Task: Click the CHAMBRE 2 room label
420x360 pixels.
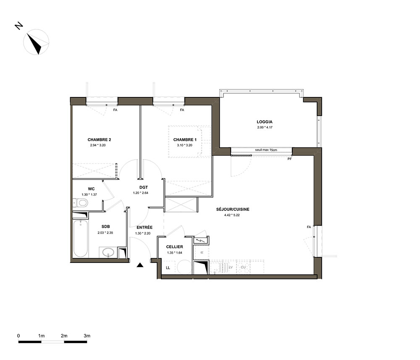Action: pyautogui.click(x=99, y=139)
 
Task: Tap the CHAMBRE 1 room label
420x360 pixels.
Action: pyautogui.click(x=185, y=139)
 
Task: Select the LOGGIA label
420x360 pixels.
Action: pyautogui.click(x=265, y=122)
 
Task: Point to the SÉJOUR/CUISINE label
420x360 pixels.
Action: pyautogui.click(x=233, y=209)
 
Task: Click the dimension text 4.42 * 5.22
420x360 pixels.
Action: pyautogui.click(x=232, y=215)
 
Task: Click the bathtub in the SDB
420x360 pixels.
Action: pyautogui.click(x=80, y=239)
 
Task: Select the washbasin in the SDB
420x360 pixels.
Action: pyautogui.click(x=108, y=252)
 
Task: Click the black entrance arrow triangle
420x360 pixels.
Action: pyautogui.click(x=140, y=265)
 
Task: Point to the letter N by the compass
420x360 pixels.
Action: pyautogui.click(x=19, y=26)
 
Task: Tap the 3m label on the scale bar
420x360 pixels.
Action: pyautogui.click(x=87, y=336)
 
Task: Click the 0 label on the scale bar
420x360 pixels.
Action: pyautogui.click(x=18, y=336)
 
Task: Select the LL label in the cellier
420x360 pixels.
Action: pyautogui.click(x=168, y=268)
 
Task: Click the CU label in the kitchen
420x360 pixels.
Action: pyautogui.click(x=243, y=267)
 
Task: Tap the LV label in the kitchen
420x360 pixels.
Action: pyautogui.click(x=231, y=267)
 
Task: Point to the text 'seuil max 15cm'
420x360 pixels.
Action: pyautogui.click(x=266, y=150)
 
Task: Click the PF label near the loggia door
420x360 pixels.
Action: pyautogui.click(x=289, y=159)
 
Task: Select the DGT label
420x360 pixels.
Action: pyautogui.click(x=144, y=187)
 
